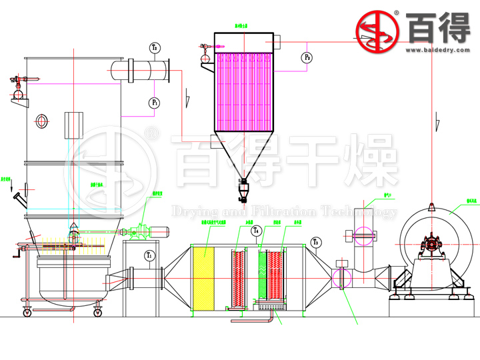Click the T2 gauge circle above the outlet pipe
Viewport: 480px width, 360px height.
point(155,48)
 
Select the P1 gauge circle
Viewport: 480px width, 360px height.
point(154,103)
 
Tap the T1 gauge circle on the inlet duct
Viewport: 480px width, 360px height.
point(149,255)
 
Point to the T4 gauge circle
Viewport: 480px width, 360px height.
point(256,231)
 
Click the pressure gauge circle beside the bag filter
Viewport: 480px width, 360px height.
point(307,57)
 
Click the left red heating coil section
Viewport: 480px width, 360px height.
point(239,276)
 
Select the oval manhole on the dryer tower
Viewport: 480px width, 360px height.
point(43,121)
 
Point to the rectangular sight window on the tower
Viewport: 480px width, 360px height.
point(72,125)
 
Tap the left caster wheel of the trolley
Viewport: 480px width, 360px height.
point(28,312)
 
